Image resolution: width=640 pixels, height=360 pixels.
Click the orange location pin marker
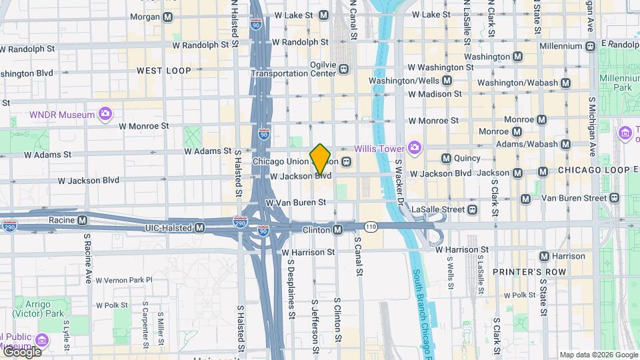pyautogui.click(x=321, y=159)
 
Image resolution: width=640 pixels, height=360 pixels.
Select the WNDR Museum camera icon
pyautogui.click(x=105, y=114)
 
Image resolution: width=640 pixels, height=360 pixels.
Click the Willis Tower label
pyautogui.click(x=379, y=147)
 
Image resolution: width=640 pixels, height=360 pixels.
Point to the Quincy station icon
pyautogui.click(x=446, y=158)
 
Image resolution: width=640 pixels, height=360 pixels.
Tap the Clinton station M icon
pyautogui.click(x=338, y=229)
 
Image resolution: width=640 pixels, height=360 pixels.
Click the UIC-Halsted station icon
pyautogui.click(x=199, y=228)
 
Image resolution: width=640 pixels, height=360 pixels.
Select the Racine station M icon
pyautogui.click(x=82, y=219)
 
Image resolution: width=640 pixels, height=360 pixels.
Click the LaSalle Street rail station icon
pyautogui.click(x=472, y=209)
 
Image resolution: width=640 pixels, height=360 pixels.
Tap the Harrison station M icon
pyautogui.click(x=544, y=256)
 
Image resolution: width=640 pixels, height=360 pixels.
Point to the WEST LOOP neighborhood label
pyautogui.click(x=163, y=70)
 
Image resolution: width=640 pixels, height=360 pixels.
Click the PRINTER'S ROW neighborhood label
pyautogui.click(x=529, y=272)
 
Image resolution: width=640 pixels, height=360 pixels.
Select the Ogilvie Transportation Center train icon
pyautogui.click(x=344, y=69)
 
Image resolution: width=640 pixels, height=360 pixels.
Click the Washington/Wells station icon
pyautogui.click(x=447, y=81)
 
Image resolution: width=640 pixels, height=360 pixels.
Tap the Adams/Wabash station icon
pyautogui.click(x=566, y=144)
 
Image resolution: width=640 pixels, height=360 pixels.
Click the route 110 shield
pyautogui.click(x=371, y=227)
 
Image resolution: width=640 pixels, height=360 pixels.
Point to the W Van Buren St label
pyautogui.click(x=295, y=202)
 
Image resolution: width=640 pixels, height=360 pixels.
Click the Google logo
pyautogui.click(x=21, y=351)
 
